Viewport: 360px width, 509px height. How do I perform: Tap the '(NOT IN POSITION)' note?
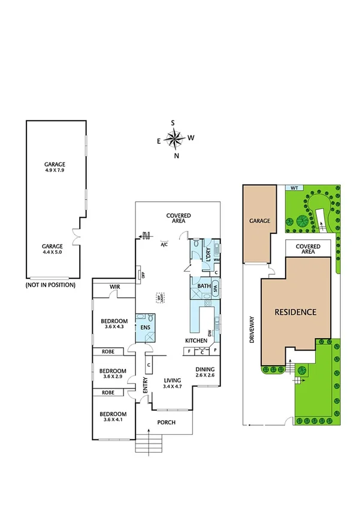[x=50, y=285]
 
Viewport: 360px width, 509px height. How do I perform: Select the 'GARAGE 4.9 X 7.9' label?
[x=55, y=167]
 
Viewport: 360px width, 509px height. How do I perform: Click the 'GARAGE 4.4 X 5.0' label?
[x=55, y=249]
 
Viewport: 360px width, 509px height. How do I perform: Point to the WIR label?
[x=114, y=287]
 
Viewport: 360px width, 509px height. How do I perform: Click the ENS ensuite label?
[x=145, y=328]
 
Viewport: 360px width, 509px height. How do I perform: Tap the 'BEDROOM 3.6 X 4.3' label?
[x=113, y=323]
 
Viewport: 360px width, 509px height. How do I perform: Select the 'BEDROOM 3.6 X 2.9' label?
[x=113, y=374]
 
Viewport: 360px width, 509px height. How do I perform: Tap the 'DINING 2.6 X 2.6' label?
[x=205, y=372]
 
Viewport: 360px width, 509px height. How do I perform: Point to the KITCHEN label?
[x=196, y=341]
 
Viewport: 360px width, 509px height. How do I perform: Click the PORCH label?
[x=165, y=423]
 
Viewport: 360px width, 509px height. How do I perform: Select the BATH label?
[x=204, y=287]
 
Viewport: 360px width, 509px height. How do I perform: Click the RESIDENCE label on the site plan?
[x=295, y=312]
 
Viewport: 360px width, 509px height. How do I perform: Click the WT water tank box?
[x=294, y=188]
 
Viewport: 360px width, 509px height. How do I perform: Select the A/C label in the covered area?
[x=164, y=245]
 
